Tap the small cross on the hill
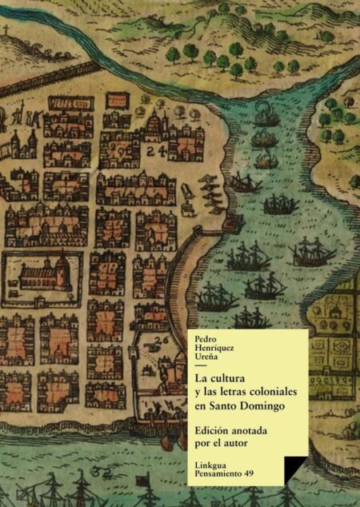click(8, 32)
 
